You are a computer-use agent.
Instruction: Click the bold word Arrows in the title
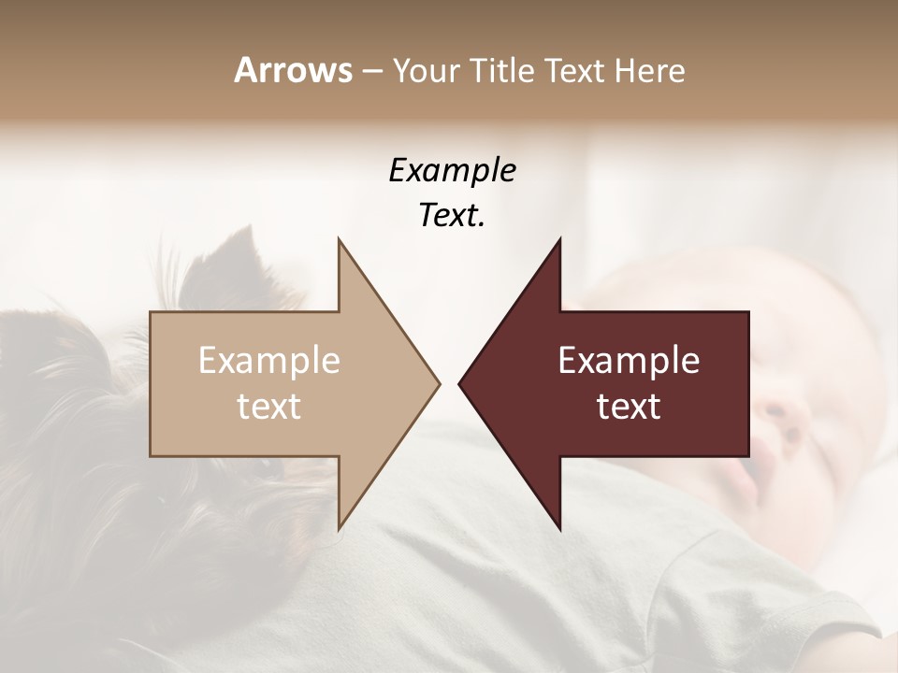pyautogui.click(x=293, y=70)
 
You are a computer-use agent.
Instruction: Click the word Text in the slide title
pyautogui.click(x=574, y=70)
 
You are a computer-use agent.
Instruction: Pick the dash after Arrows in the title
pyautogui.click(x=371, y=71)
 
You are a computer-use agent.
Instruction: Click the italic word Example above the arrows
pyautogui.click(x=452, y=170)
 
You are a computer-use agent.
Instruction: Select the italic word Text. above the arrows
pyautogui.click(x=452, y=216)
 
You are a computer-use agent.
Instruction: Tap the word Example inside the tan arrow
pyautogui.click(x=268, y=361)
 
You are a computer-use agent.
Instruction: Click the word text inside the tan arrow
pyautogui.click(x=268, y=407)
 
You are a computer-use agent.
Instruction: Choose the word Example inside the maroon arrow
pyautogui.click(x=629, y=361)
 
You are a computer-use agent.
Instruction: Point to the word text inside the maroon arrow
pyautogui.click(x=629, y=407)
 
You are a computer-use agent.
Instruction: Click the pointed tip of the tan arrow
pyautogui.click(x=438, y=383)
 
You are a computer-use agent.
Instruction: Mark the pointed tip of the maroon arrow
pyautogui.click(x=460, y=383)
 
